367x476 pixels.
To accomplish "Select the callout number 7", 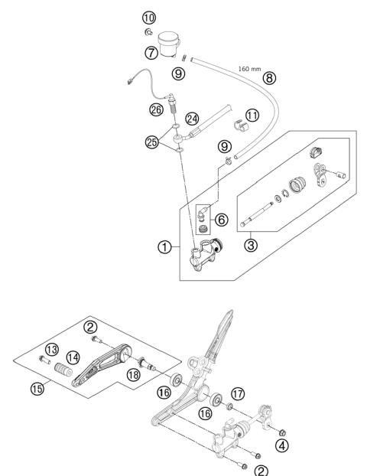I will [x=151, y=53].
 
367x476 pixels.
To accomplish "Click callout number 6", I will [x=222, y=220].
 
